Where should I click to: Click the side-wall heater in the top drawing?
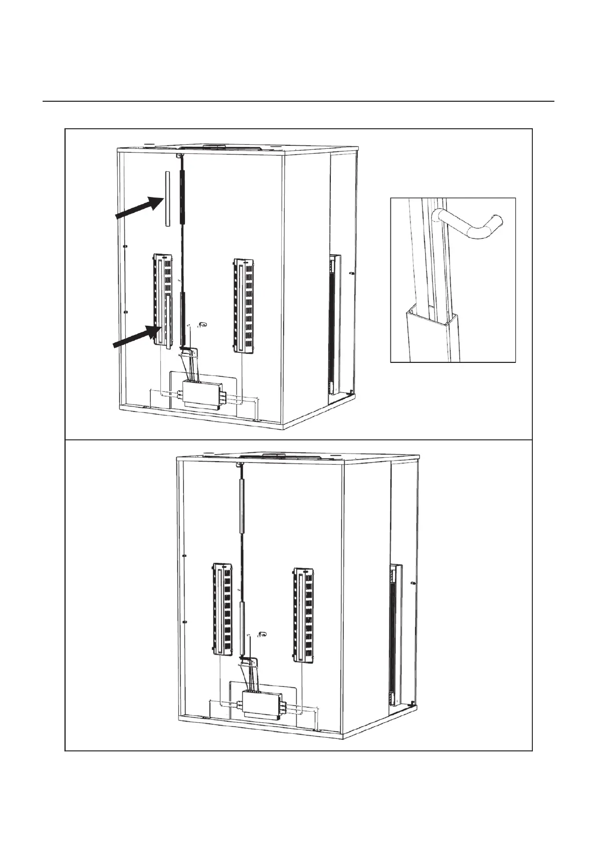click(x=333, y=323)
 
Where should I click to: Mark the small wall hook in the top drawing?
click(x=202, y=325)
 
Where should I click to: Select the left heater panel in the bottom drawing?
click(x=222, y=608)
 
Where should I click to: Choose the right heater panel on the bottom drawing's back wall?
click(x=303, y=612)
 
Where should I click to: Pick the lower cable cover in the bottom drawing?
click(x=242, y=629)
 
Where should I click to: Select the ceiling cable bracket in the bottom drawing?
click(x=240, y=465)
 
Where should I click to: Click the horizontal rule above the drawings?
click(x=298, y=101)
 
